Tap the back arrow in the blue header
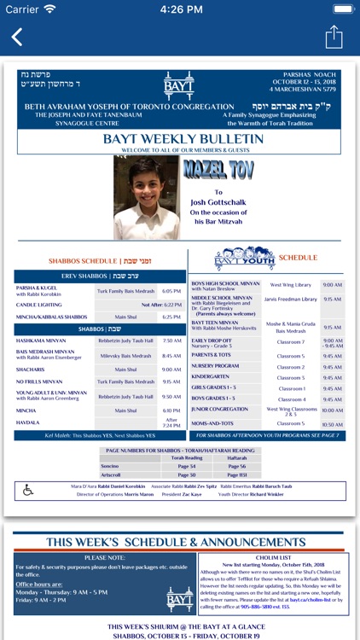tap(17, 37)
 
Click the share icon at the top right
tap(334, 37)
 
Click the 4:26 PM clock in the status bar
tap(180, 9)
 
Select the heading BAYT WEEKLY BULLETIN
tap(179, 139)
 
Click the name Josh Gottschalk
tap(218, 202)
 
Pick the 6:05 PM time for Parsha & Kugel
tap(171, 291)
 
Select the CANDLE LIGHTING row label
tap(40, 304)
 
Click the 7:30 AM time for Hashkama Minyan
tap(171, 340)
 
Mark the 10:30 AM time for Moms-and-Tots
tap(333, 424)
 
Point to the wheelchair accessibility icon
tap(28, 490)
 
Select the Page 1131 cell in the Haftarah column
tap(236, 474)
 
